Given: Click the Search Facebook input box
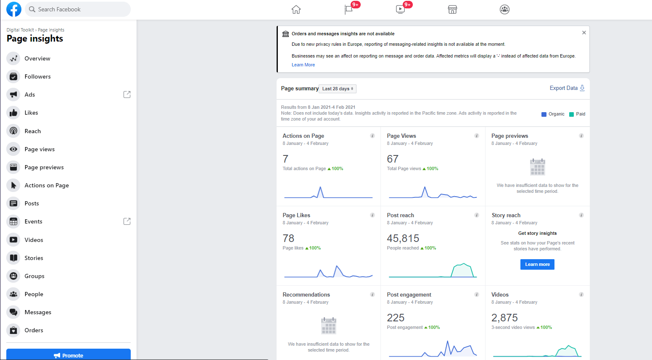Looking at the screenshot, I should pos(78,9).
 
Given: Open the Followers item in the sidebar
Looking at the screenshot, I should pos(37,76).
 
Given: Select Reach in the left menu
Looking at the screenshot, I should pos(32,131).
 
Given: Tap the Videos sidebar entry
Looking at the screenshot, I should pos(34,240).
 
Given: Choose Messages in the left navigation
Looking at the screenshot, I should pos(38,312).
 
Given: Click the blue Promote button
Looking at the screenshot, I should pos(69,355).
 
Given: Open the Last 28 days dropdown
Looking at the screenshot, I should pos(338,89).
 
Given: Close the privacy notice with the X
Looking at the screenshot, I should pos(584,33).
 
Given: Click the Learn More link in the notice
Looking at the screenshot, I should pos(303,65).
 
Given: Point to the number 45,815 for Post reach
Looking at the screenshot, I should pos(403,238).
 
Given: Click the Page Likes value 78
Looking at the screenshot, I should pos(288,238).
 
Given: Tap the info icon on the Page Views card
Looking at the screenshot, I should pos(477,136).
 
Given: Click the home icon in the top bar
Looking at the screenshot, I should pos(296,9).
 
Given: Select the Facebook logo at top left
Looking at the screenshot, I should pos(14,9).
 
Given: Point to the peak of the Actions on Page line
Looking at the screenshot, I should pos(320,187).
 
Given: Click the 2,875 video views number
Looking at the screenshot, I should pos(504,318).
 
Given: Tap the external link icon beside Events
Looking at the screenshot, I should pos(127,221).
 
